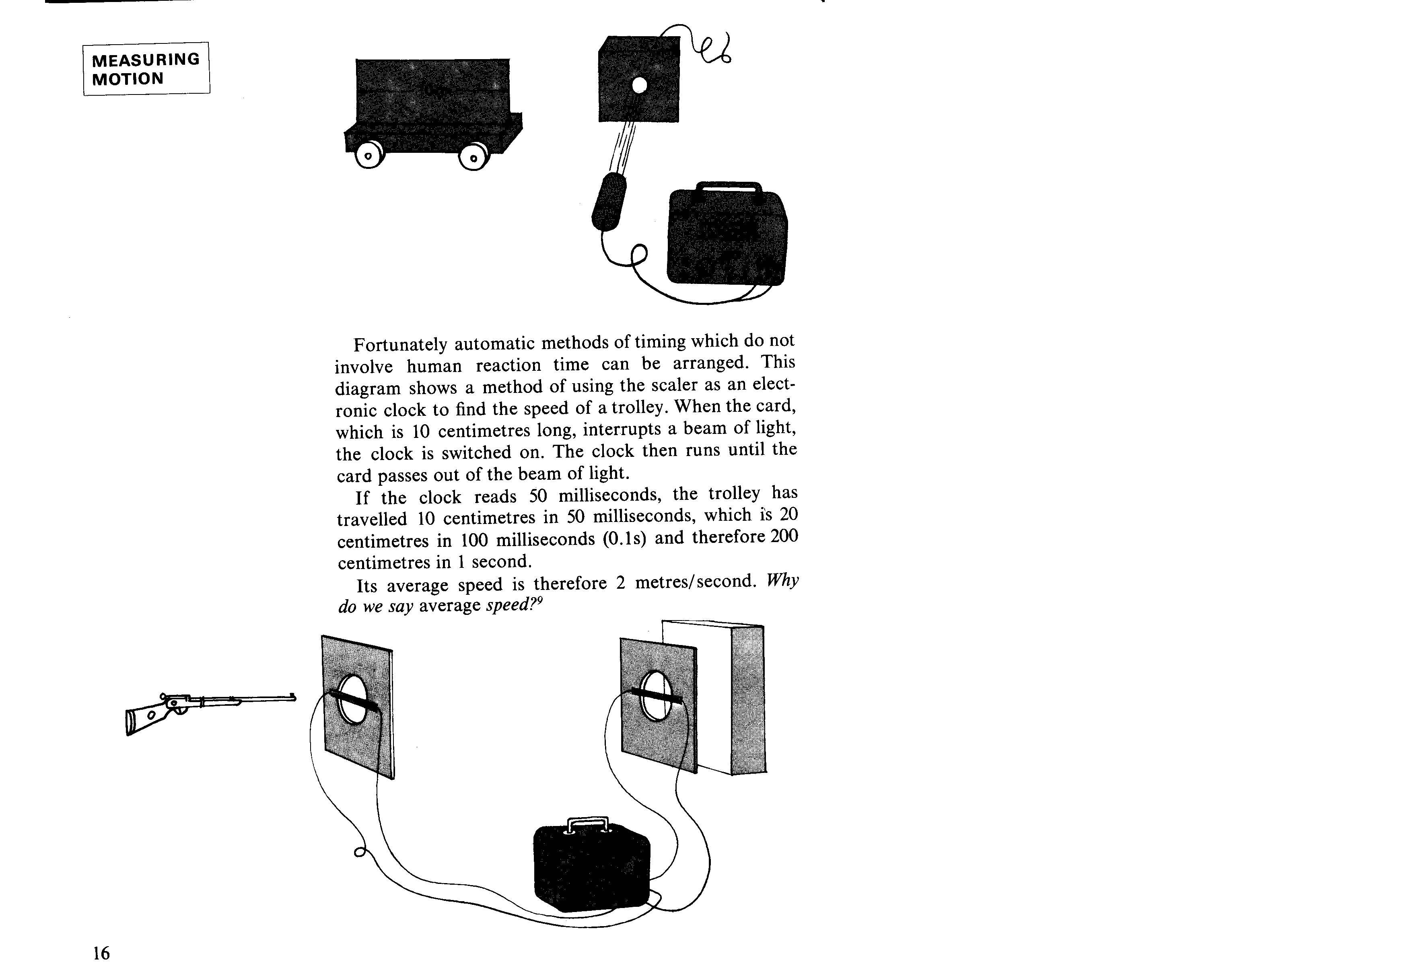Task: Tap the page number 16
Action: tap(101, 953)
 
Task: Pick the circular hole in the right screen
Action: tap(654, 696)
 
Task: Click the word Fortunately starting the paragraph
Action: tap(401, 345)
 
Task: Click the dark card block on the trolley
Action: tap(432, 95)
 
